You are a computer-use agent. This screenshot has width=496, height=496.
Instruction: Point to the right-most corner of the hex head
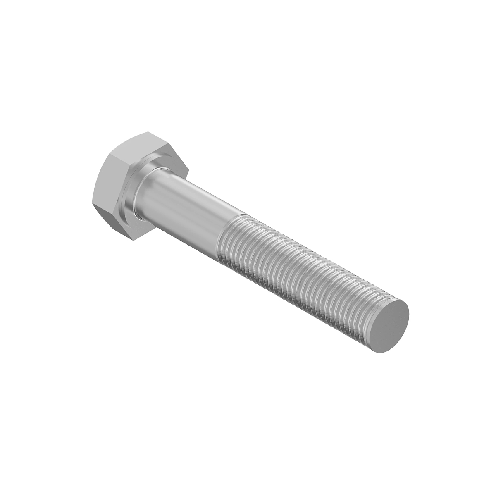point(188,167)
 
